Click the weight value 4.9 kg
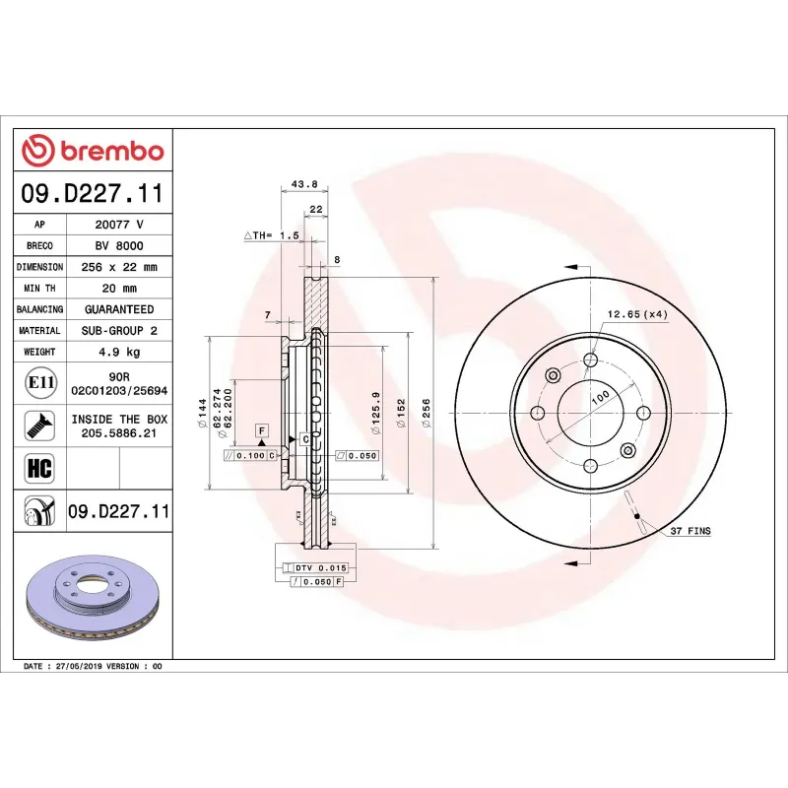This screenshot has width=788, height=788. point(119,352)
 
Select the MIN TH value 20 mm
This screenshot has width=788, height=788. point(119,289)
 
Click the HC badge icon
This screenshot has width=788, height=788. point(40,467)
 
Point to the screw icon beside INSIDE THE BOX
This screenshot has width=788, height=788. point(40,426)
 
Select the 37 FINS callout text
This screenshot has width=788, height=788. point(689,531)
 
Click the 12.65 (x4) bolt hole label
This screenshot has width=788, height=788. point(636,314)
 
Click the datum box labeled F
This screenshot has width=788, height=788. point(262,431)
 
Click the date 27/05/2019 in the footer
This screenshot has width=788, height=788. point(84,667)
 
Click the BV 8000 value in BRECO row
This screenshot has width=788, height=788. point(119,246)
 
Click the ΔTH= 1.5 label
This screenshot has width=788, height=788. point(271,236)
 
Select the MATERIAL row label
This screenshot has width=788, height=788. point(39,331)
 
